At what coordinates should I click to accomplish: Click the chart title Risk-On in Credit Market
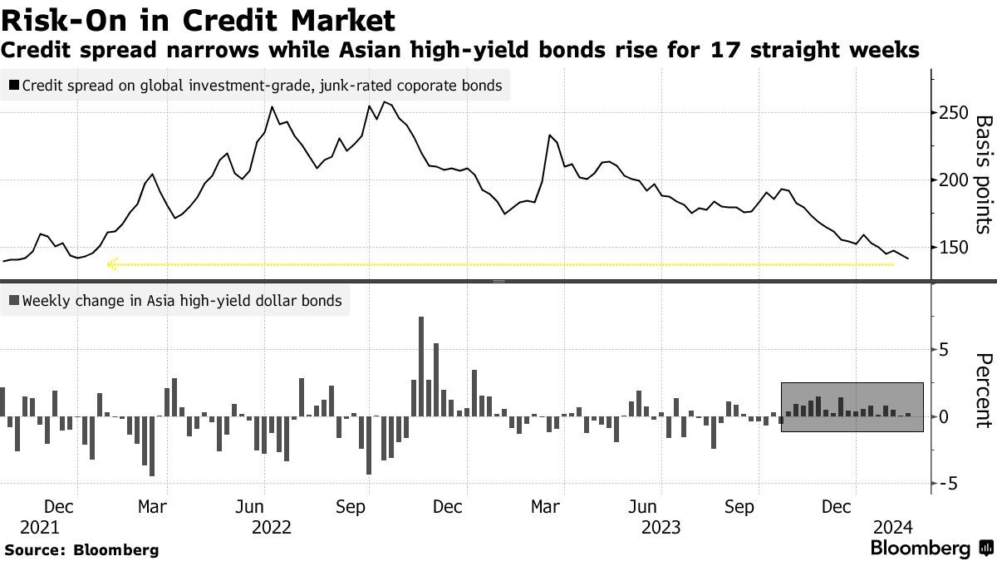pyautogui.click(x=198, y=17)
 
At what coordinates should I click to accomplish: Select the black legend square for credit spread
pyautogui.click(x=14, y=86)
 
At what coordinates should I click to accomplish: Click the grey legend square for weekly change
pyautogui.click(x=14, y=301)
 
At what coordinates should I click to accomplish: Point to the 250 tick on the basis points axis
pyautogui.click(x=953, y=113)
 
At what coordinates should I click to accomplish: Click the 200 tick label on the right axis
pyautogui.click(x=953, y=180)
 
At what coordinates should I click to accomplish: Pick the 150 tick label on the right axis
pyautogui.click(x=953, y=248)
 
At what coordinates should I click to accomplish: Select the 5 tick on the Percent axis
pyautogui.click(x=944, y=350)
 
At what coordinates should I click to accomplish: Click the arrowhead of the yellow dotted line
pyautogui.click(x=111, y=264)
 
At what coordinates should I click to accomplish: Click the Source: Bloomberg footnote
pyautogui.click(x=81, y=549)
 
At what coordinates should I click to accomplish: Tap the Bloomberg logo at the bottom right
pyautogui.click(x=930, y=549)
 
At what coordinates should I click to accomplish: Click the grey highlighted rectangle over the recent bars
pyautogui.click(x=852, y=406)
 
